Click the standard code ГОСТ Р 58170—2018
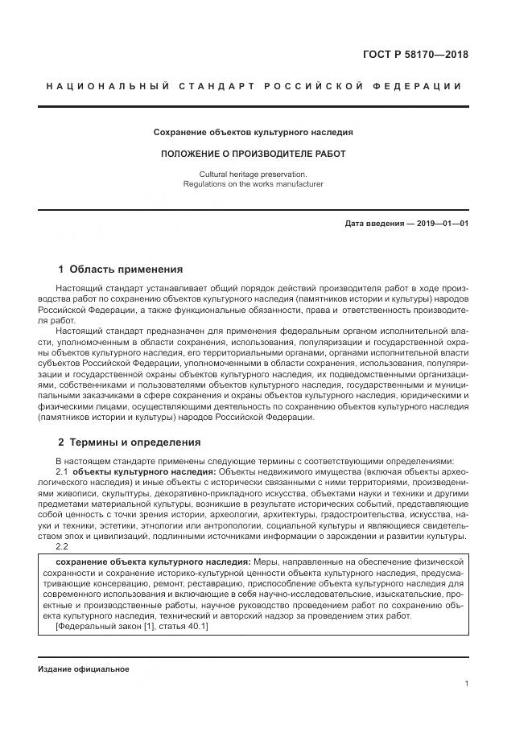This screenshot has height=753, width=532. pyautogui.click(x=416, y=55)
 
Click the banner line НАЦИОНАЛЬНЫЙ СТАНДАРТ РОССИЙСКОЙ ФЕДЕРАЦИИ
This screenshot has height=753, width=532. pyautogui.click(x=254, y=87)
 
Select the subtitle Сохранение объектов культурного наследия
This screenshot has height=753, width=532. pyautogui.click(x=254, y=131)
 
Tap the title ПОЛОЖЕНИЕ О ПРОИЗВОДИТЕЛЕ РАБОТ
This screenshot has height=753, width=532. pyautogui.click(x=254, y=154)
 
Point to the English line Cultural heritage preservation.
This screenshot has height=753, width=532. pyautogui.click(x=254, y=174)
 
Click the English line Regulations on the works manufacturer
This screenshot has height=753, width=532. pyautogui.click(x=254, y=184)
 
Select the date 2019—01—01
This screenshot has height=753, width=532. pyautogui.click(x=441, y=223)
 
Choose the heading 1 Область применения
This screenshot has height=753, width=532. pyautogui.click(x=121, y=270)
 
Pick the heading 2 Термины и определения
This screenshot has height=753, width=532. pyautogui.click(x=130, y=442)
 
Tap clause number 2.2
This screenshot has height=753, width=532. pyautogui.click(x=63, y=546)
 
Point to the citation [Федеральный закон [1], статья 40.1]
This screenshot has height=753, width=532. pyautogui.click(x=132, y=627)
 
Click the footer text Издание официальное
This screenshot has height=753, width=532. pyautogui.click(x=83, y=669)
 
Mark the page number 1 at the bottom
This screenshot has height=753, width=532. pyautogui.click(x=467, y=684)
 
